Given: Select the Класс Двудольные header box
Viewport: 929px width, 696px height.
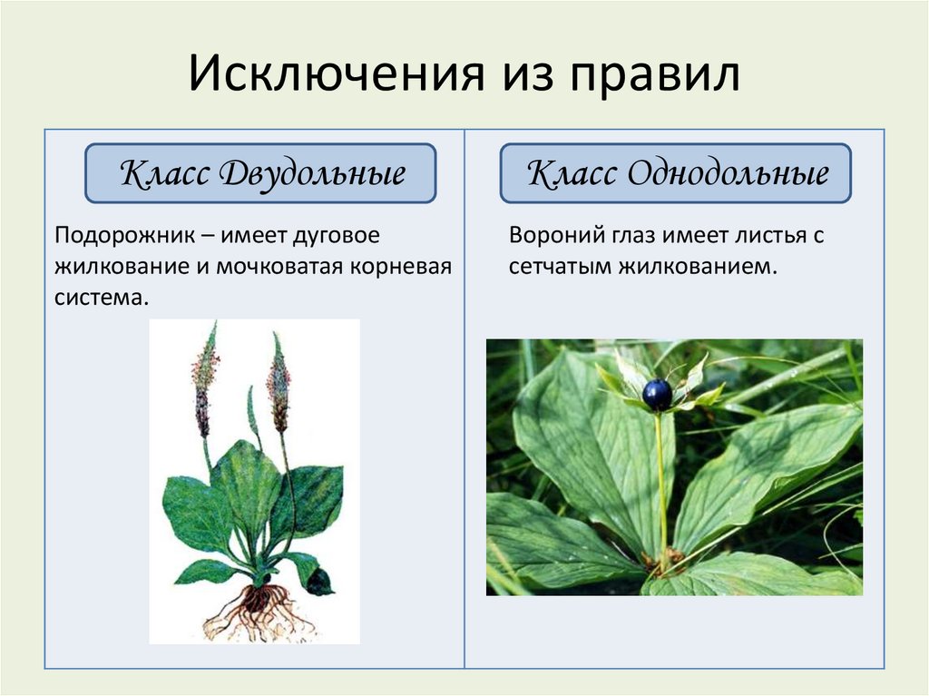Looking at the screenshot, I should [261, 173].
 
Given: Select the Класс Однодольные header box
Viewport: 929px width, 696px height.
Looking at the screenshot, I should [676, 173].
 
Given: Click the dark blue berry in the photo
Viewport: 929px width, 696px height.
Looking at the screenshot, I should [657, 394].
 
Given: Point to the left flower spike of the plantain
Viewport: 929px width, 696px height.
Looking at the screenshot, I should [205, 381].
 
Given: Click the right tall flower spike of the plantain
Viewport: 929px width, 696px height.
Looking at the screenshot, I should [278, 386].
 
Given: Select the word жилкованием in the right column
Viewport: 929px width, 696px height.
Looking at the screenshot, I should [699, 267].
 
